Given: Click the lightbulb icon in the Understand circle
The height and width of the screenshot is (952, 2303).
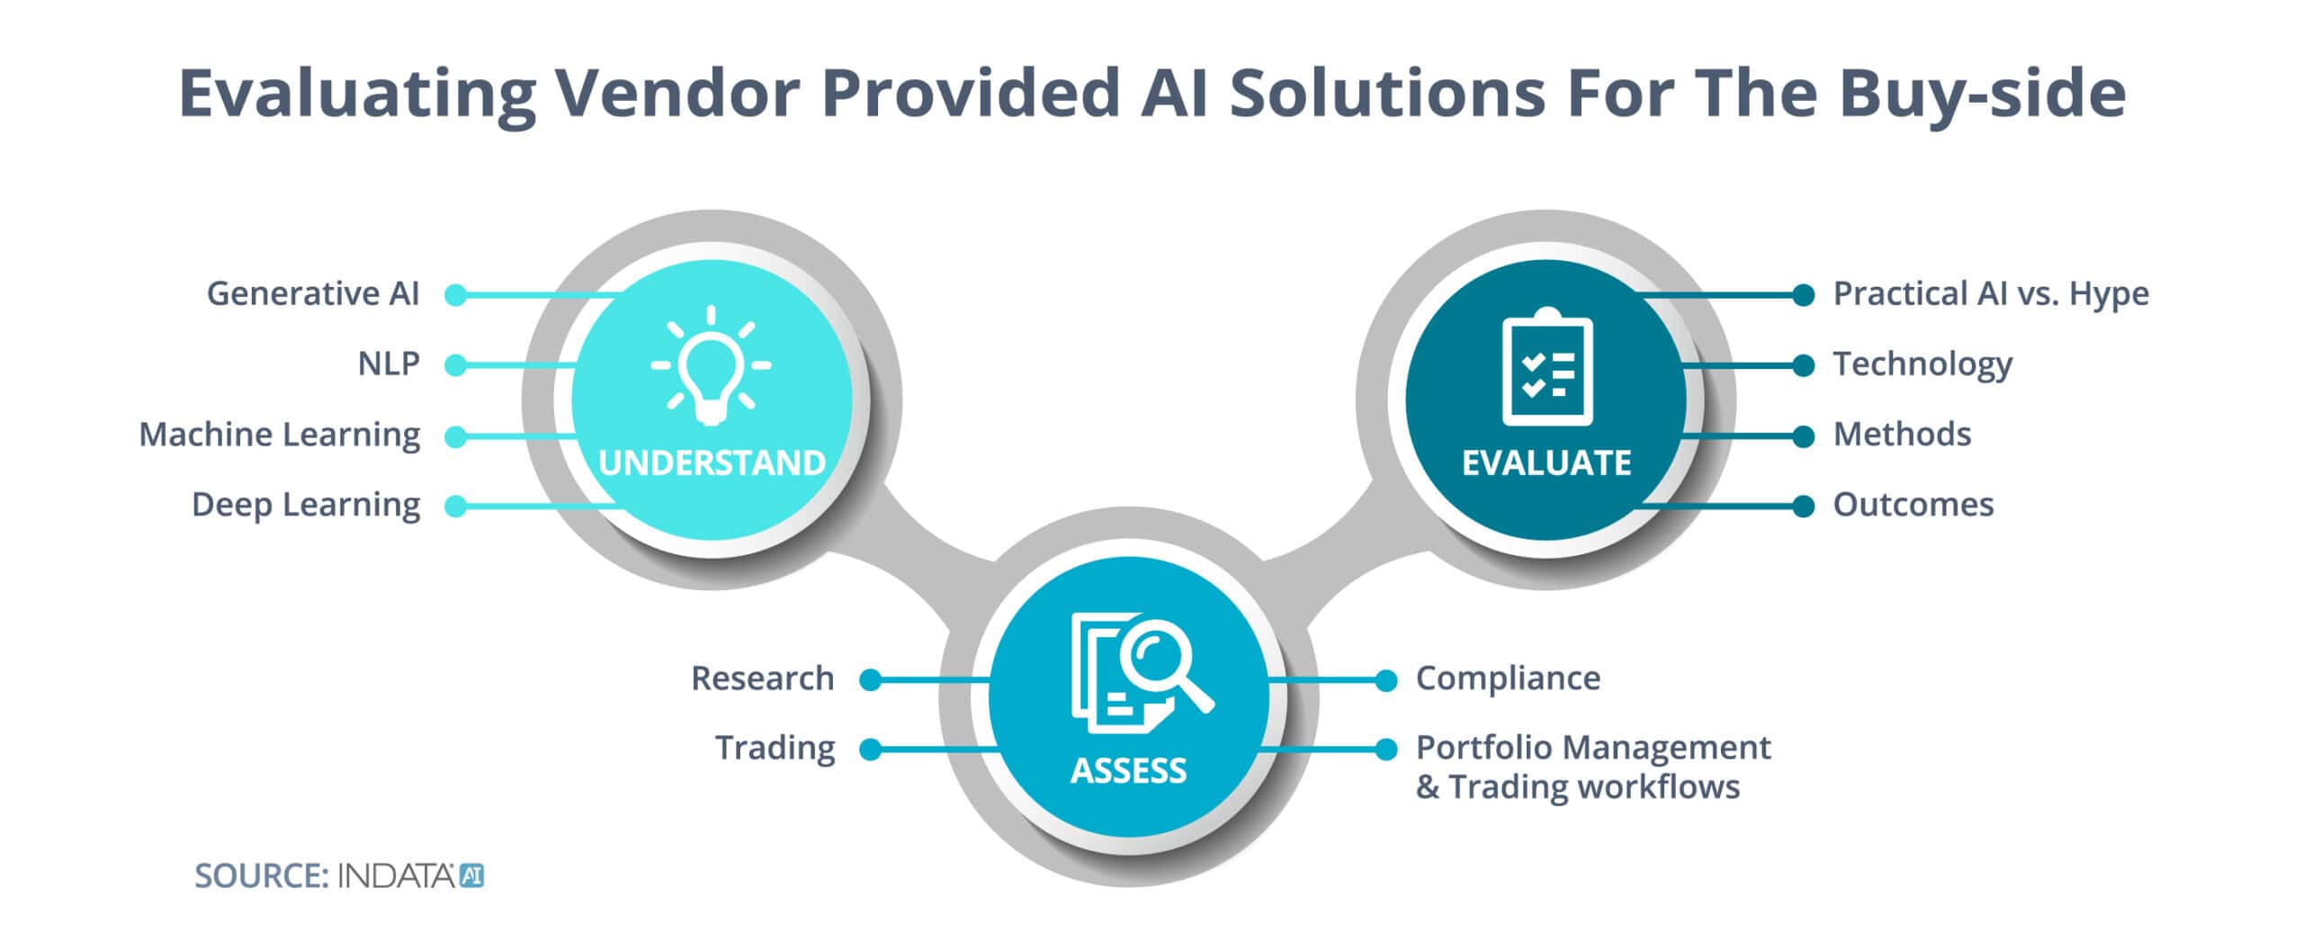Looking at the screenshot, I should (x=711, y=365).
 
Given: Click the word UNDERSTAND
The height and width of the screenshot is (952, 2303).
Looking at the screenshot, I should (x=712, y=463).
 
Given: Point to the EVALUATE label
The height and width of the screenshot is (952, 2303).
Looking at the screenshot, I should (x=1546, y=463).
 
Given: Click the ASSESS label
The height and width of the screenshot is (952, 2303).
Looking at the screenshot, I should (x=1128, y=770).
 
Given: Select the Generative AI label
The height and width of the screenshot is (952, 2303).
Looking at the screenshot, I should (x=313, y=293).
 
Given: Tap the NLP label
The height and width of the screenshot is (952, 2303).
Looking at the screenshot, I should (x=389, y=364).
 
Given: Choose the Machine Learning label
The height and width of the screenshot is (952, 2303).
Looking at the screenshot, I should (x=279, y=435).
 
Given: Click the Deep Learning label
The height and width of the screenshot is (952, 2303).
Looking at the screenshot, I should (x=306, y=505).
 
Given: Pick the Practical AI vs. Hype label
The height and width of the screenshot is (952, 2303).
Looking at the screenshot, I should (x=1991, y=293).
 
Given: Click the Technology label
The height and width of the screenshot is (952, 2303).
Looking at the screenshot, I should (x=1922, y=364).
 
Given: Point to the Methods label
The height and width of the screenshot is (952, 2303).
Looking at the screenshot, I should (x=1902, y=435).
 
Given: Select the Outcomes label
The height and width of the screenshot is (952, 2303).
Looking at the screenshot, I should (x=1913, y=505).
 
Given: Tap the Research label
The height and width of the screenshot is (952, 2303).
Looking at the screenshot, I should (x=762, y=678).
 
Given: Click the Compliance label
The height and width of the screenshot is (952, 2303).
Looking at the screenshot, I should (x=1508, y=678).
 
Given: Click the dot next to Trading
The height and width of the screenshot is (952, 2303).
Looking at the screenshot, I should (x=870, y=750).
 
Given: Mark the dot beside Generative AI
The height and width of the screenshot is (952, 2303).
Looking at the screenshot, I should (x=456, y=295).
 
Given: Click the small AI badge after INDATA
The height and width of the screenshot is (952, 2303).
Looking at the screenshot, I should (x=472, y=876).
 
